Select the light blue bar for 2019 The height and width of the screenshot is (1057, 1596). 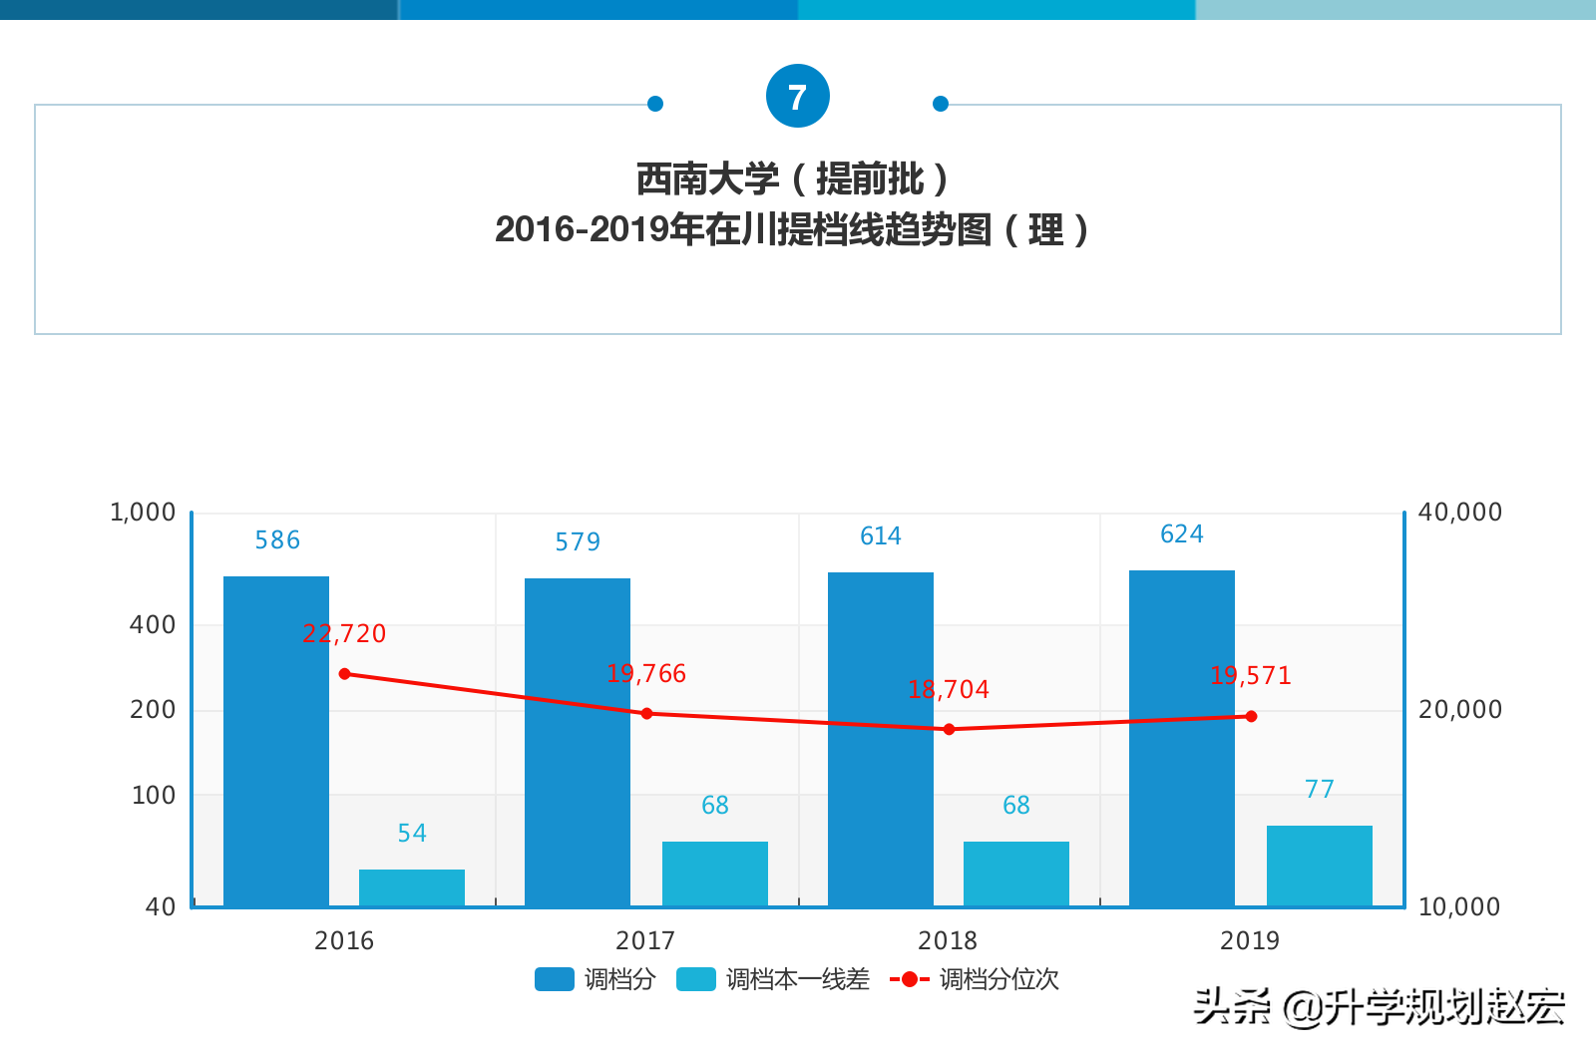click(x=1319, y=866)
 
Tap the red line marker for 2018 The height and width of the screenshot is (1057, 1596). click(x=949, y=729)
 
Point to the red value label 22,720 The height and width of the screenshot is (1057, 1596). click(x=344, y=633)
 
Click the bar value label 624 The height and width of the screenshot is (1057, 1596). click(x=1181, y=534)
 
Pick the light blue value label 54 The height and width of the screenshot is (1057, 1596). click(x=411, y=833)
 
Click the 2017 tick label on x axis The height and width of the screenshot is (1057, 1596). click(x=645, y=940)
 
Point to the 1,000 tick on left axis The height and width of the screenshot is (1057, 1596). click(x=143, y=513)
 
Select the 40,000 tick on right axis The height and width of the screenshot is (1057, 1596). click(x=1459, y=513)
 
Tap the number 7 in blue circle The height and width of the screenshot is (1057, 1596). click(x=797, y=97)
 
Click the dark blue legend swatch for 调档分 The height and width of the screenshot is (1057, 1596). click(x=554, y=979)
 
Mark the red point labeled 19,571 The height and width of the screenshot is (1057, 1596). click(x=1251, y=716)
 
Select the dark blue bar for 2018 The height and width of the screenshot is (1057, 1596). click(x=881, y=738)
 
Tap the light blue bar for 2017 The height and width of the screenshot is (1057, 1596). click(x=715, y=874)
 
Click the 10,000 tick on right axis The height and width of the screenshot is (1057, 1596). click(x=1458, y=906)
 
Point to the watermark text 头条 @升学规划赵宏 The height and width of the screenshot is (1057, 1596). click(x=1379, y=1007)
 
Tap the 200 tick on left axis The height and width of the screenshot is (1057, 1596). click(x=153, y=710)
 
